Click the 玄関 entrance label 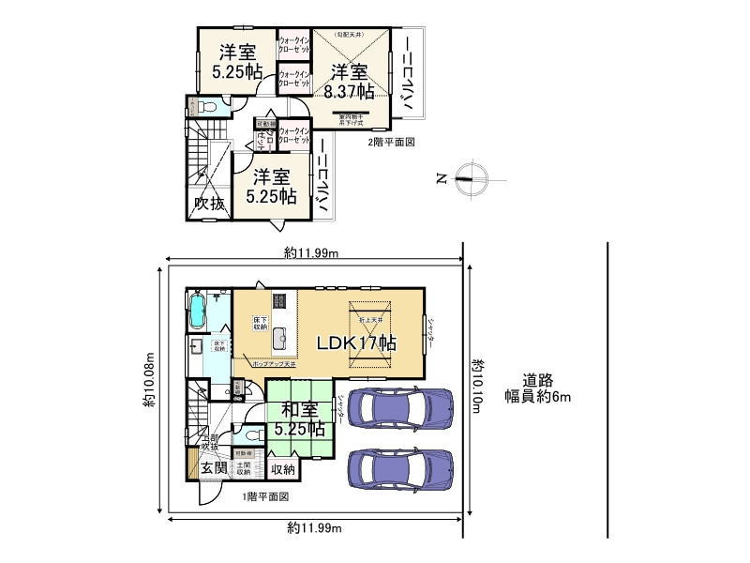click(213, 468)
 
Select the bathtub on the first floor click(199, 312)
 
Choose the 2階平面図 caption click(390, 142)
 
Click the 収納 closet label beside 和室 click(282, 469)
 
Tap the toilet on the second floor click(207, 108)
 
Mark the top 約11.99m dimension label click(312, 251)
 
